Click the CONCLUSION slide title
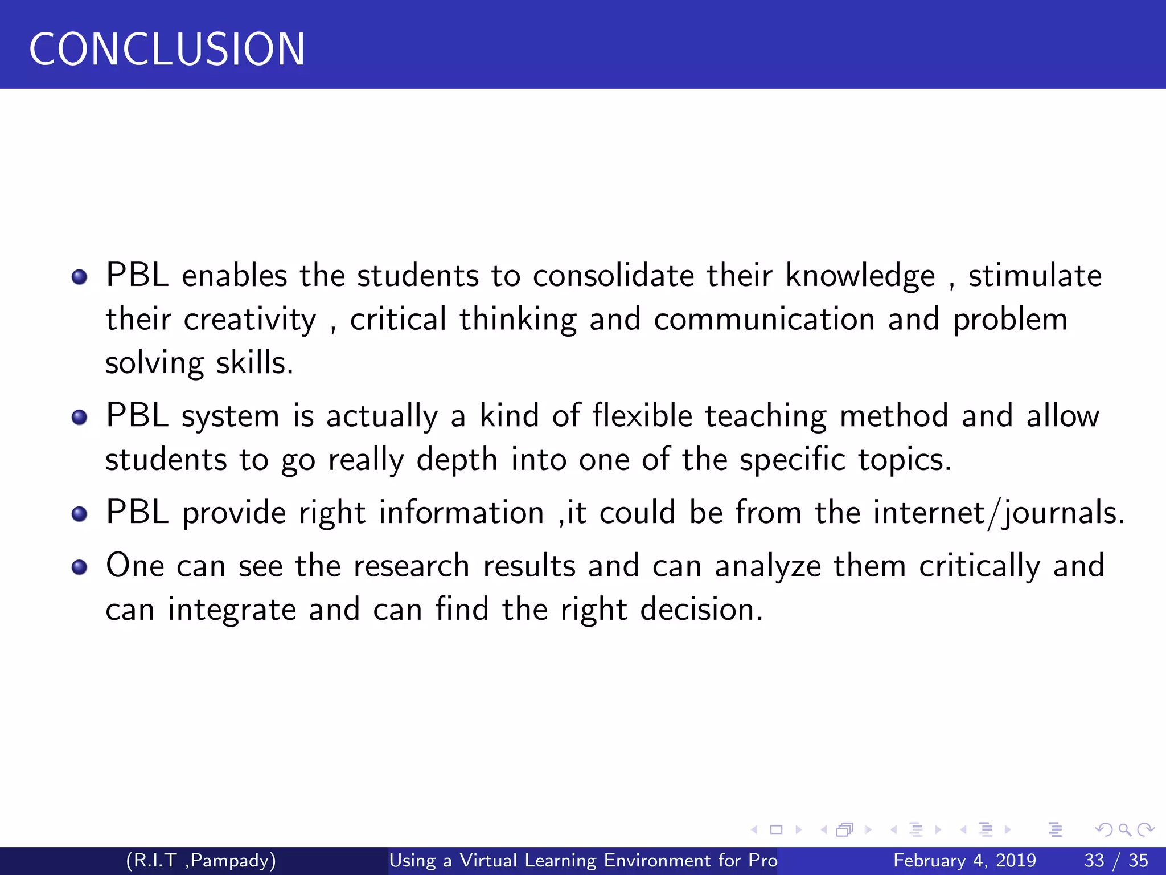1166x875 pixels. tap(167, 50)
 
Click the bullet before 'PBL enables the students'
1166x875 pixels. tap(80, 277)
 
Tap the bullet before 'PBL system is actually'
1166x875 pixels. tap(80, 418)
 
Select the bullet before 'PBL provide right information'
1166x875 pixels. tap(80, 514)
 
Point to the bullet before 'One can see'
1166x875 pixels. tap(80, 567)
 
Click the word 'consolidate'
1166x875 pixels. tap(613, 276)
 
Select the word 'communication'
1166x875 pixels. tap(764, 320)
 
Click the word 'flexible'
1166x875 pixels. tap(642, 416)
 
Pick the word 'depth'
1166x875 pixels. tap(457, 460)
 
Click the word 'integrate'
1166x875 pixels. tap(232, 611)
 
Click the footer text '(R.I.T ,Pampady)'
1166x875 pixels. tap(201, 860)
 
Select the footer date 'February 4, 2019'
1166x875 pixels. tap(964, 860)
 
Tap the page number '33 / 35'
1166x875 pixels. tap(1116, 860)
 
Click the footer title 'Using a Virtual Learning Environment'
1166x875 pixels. tap(583, 860)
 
